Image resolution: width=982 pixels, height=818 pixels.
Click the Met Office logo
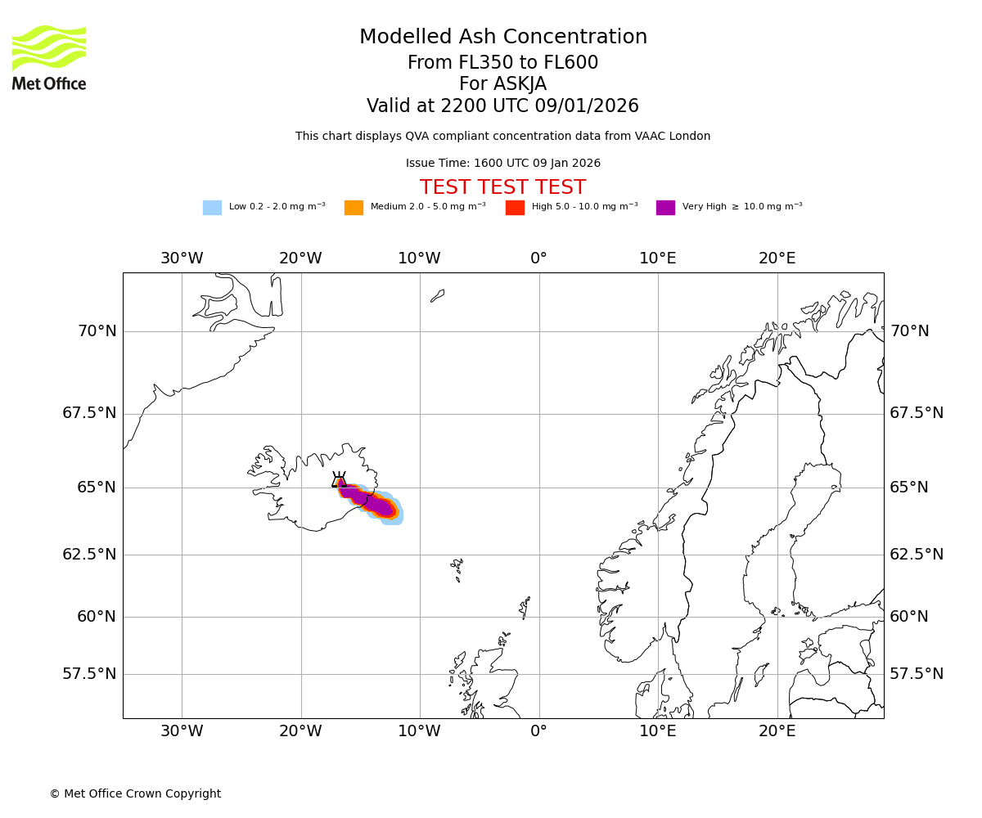[x=49, y=57]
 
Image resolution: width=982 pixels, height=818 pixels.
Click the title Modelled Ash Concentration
[x=502, y=38]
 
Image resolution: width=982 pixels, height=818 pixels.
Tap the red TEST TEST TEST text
[x=502, y=187]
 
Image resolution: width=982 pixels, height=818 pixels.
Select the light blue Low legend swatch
[x=212, y=208]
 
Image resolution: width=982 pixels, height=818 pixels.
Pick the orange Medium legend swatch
[x=354, y=208]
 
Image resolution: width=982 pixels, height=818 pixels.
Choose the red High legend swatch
[x=515, y=208]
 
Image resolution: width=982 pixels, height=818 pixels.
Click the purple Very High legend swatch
[x=665, y=208]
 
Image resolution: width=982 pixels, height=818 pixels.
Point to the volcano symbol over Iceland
[x=339, y=480]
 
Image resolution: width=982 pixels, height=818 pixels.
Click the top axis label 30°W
[x=182, y=258]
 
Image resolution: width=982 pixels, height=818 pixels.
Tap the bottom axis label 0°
[x=538, y=731]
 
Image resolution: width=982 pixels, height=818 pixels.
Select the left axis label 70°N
[x=97, y=331]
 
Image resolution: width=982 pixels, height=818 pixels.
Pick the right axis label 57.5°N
[x=917, y=674]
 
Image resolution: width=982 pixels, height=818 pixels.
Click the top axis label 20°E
[x=777, y=258]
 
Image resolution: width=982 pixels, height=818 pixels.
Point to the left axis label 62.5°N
[x=89, y=555]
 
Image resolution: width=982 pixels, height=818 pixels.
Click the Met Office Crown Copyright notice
[x=135, y=793]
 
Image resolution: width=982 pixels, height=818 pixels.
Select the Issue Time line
[x=502, y=164]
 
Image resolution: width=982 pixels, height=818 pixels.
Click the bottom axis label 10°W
[x=419, y=731]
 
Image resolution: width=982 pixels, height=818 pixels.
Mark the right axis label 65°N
[x=909, y=488]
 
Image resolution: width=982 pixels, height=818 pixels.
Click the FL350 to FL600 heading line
[x=502, y=63]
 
